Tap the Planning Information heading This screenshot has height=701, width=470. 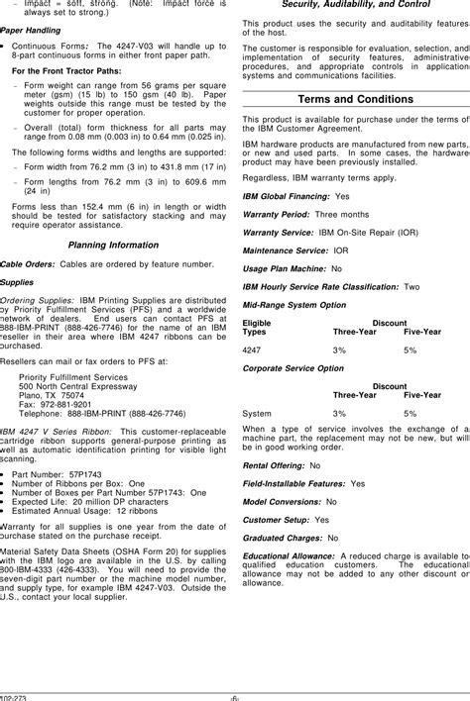pyautogui.click(x=112, y=245)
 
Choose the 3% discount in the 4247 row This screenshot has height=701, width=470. pyautogui.click(x=340, y=350)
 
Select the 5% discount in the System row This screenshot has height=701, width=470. pyautogui.click(x=411, y=413)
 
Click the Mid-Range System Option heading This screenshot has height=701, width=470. pyautogui.click(x=294, y=305)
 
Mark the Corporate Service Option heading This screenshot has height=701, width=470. pyautogui.click(x=294, y=367)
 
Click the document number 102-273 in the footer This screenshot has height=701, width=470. pyautogui.click(x=13, y=694)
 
